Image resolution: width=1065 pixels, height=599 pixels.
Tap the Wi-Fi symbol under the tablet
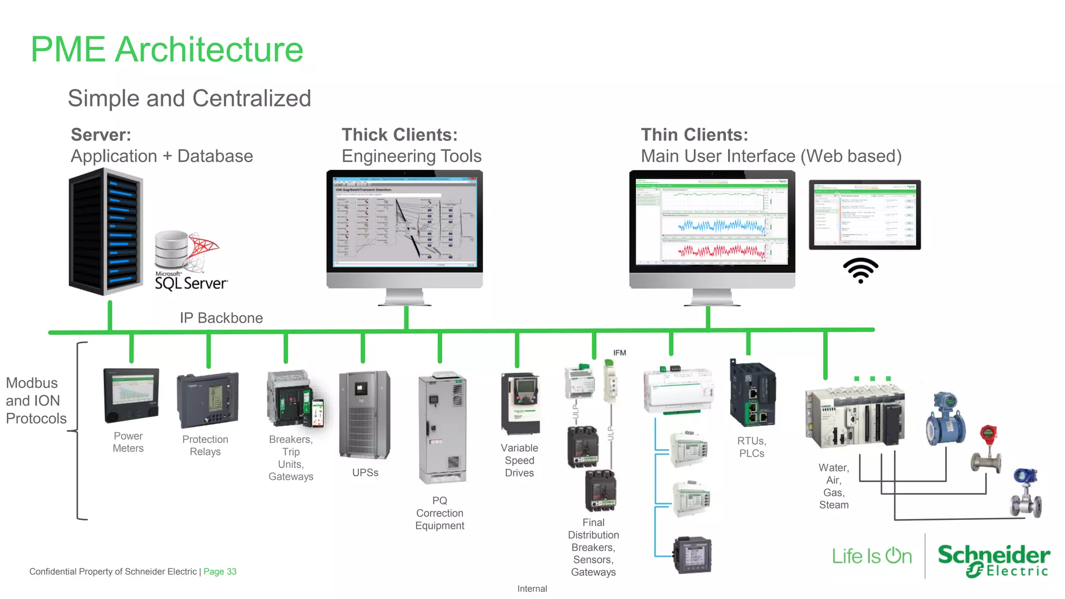click(861, 270)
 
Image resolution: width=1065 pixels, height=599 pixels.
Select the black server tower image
click(106, 231)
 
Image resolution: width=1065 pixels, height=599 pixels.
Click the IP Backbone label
click(221, 318)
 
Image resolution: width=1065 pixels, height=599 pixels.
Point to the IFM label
click(619, 353)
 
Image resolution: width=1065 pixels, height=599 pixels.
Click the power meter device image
click(131, 396)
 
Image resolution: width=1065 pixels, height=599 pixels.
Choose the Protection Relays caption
click(205, 446)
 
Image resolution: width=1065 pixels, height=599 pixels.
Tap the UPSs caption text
click(365, 473)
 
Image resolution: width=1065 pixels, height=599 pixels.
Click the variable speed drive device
click(520, 403)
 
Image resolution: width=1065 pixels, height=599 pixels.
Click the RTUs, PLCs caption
click(751, 447)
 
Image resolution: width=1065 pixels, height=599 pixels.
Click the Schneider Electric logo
click(993, 561)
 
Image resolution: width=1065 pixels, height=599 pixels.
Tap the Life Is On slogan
click(872, 556)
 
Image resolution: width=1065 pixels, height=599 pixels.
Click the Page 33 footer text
click(219, 571)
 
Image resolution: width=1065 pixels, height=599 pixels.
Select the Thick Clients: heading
click(399, 135)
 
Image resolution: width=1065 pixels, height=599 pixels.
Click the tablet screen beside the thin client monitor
click(865, 214)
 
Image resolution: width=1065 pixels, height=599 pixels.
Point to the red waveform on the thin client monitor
click(721, 252)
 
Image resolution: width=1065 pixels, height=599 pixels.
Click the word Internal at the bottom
click(532, 589)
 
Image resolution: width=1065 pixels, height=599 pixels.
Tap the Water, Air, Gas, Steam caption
click(834, 486)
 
